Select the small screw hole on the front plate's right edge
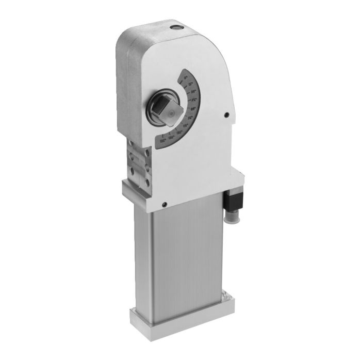pyautogui.click(x=226, y=116)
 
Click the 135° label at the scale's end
pyautogui.click(x=162, y=140)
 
